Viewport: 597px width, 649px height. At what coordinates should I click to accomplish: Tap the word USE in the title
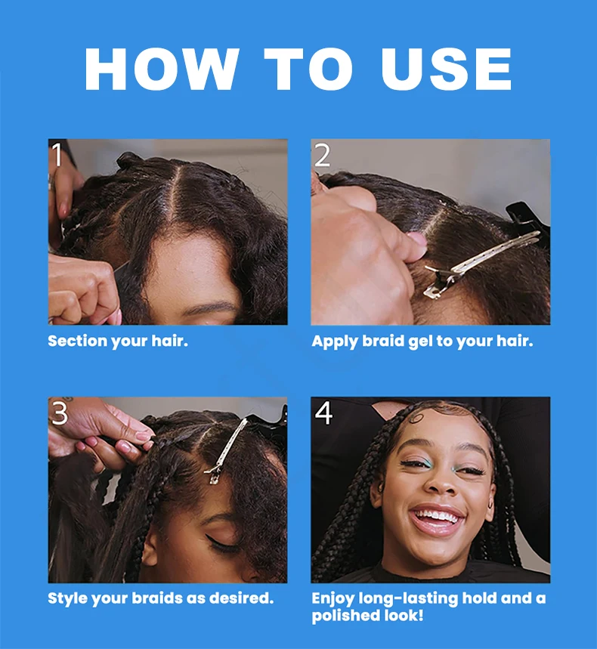[x=447, y=69]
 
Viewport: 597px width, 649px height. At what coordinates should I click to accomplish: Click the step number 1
[x=57, y=154]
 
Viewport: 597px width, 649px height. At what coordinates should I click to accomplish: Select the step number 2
[x=323, y=155]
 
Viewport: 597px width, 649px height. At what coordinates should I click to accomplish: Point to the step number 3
[x=60, y=413]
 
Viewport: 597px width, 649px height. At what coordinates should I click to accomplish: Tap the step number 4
[x=323, y=413]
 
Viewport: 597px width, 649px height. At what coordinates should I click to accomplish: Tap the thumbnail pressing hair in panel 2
[x=416, y=239]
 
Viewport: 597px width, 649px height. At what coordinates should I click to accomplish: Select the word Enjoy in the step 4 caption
[x=333, y=599]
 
